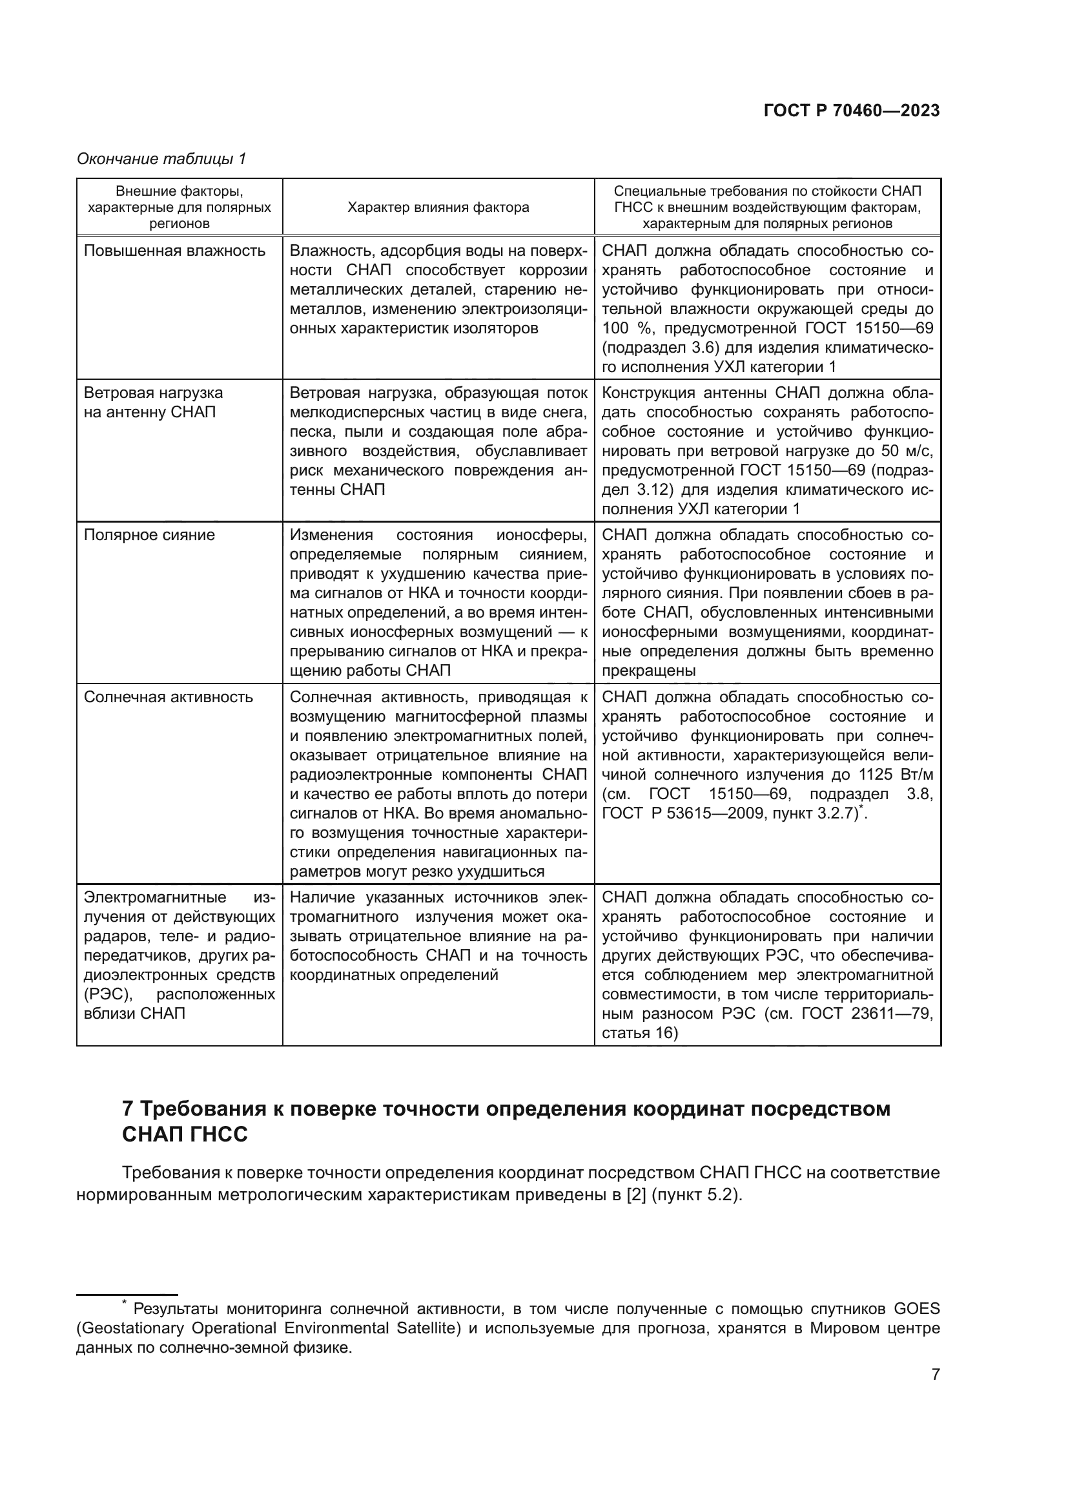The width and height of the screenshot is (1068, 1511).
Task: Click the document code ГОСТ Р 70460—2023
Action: coord(851,110)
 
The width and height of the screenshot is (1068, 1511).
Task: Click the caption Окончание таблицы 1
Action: coord(161,160)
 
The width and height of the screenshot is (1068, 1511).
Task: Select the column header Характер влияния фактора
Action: coord(438,207)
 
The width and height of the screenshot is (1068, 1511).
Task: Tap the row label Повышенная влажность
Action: coord(174,251)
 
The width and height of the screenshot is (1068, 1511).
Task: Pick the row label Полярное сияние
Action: coord(149,535)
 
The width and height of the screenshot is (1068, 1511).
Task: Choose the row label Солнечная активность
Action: coord(169,697)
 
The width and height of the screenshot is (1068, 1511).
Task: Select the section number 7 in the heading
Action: coord(128,1109)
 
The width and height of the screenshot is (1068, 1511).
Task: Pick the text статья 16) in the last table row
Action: coord(639,1033)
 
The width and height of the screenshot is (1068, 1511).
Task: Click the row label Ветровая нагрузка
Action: coord(153,393)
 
